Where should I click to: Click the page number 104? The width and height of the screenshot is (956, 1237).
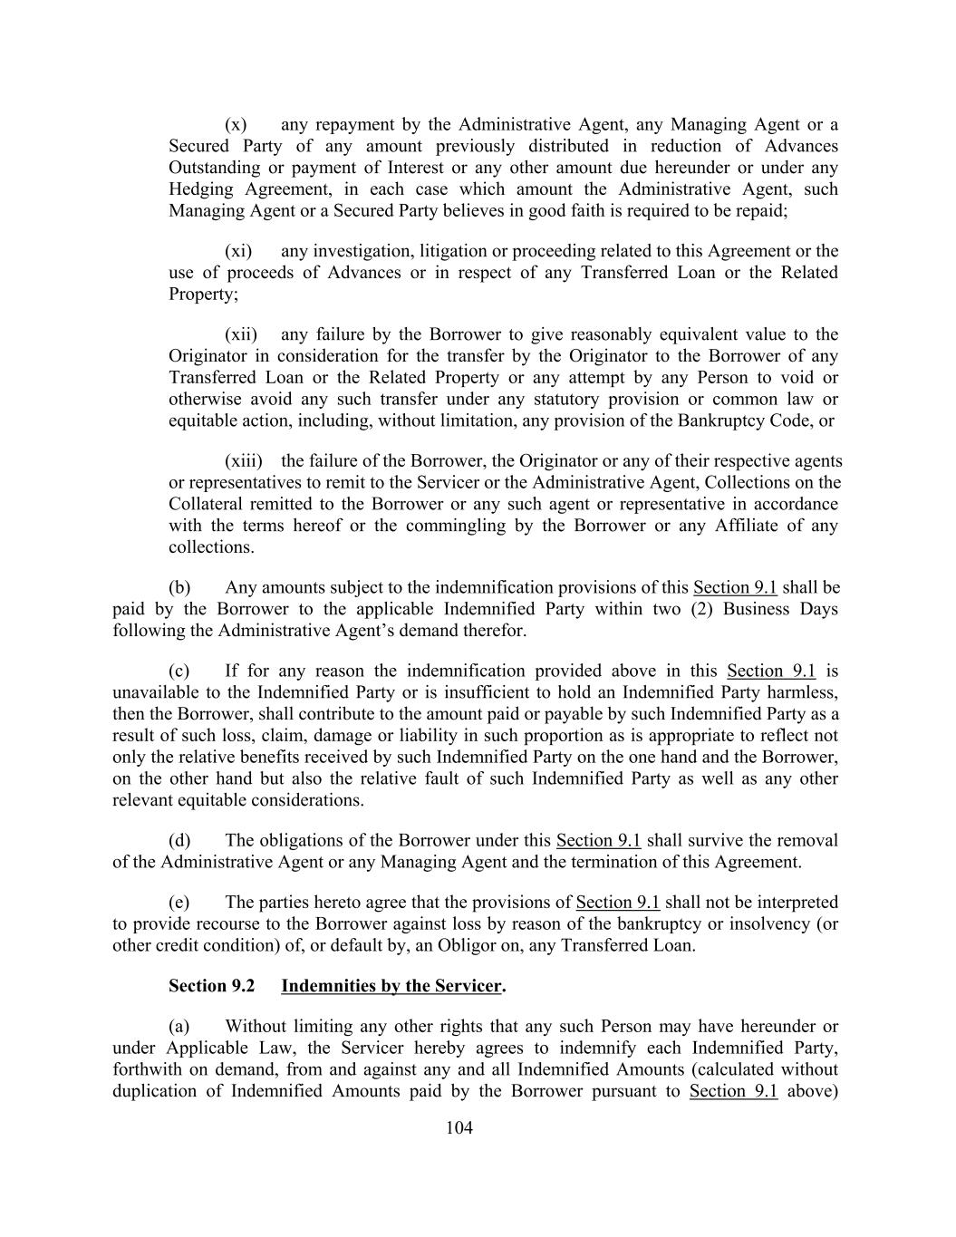[x=459, y=1127]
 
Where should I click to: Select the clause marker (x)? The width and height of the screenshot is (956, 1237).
[x=236, y=124]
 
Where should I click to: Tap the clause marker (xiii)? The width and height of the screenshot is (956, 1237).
[x=241, y=460]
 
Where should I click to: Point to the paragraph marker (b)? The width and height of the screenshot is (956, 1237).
[x=179, y=587]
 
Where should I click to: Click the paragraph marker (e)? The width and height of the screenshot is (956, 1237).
[x=179, y=902]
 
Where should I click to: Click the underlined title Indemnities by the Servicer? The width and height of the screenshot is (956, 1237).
[x=391, y=985]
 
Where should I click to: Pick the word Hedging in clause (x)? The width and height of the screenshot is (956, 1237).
[x=200, y=189]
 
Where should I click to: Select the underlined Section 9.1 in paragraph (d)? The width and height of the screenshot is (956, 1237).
[x=598, y=840]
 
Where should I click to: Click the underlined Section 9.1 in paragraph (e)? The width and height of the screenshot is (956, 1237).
[x=618, y=902]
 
